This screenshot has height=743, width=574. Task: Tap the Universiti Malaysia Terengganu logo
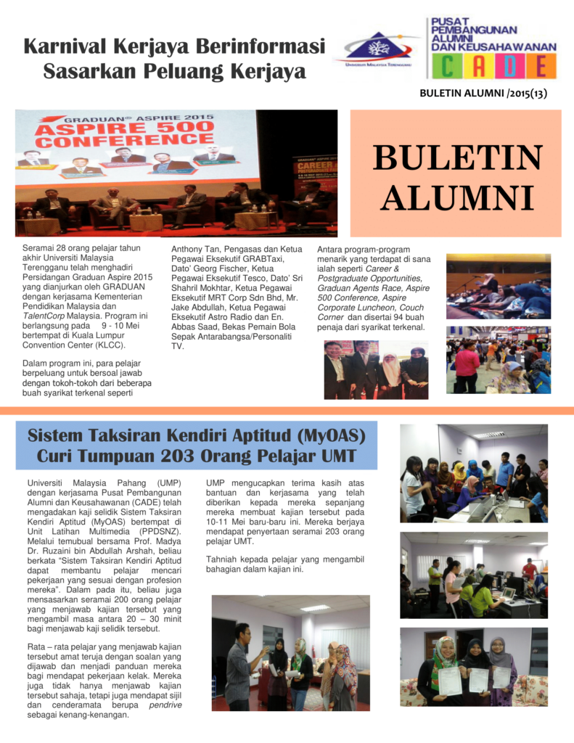[374, 49]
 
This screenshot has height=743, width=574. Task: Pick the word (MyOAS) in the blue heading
[324, 437]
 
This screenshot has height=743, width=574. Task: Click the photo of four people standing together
[375, 369]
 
